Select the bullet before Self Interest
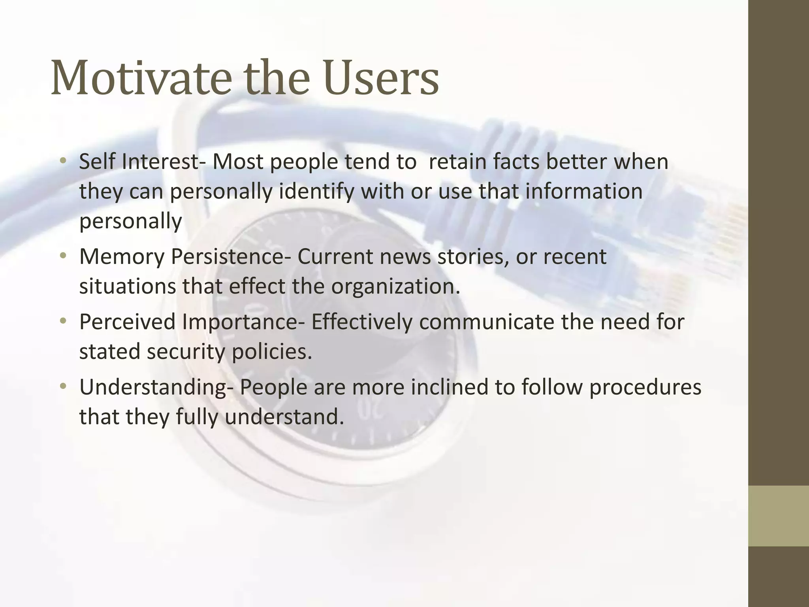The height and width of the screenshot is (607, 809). [x=63, y=161]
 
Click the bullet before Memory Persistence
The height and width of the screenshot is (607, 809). [x=63, y=256]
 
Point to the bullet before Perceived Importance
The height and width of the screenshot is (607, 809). [x=63, y=322]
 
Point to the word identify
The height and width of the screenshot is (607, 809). [x=316, y=192]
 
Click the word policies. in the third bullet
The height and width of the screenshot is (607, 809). [x=272, y=351]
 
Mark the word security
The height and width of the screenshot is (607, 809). [x=186, y=351]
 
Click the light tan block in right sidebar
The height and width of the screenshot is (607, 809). [x=779, y=516]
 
